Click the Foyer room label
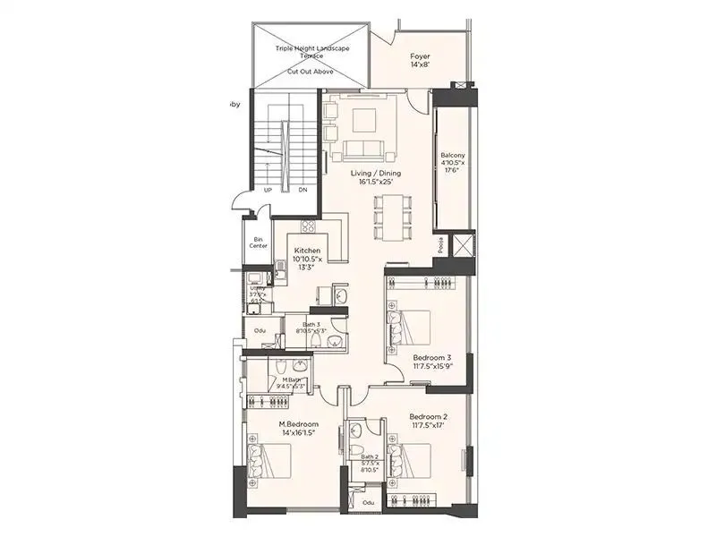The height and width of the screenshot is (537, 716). (x=421, y=55)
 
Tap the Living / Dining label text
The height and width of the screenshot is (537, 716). (x=376, y=173)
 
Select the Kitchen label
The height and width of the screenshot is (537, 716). (x=307, y=251)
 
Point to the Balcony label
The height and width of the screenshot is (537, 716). (x=452, y=155)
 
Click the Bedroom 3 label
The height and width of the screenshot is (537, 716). (x=431, y=355)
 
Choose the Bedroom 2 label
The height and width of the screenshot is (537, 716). (x=428, y=417)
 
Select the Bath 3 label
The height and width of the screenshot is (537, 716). (x=310, y=325)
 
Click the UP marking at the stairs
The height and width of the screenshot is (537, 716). (x=268, y=190)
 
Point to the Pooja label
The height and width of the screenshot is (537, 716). (x=440, y=244)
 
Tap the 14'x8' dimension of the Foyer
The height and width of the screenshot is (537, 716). (x=421, y=65)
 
